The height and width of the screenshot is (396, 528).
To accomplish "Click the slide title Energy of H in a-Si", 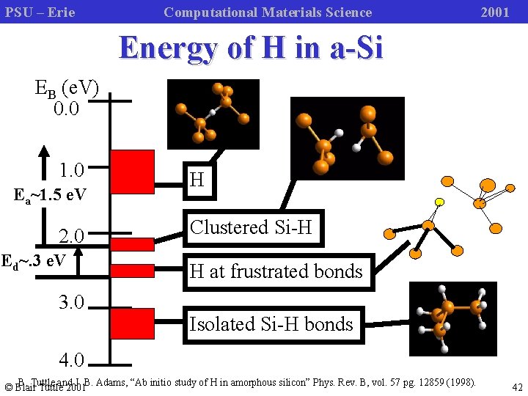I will click(x=251, y=48).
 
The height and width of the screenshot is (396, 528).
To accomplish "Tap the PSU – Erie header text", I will click(x=40, y=12).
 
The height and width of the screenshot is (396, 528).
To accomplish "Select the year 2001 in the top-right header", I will click(x=494, y=12).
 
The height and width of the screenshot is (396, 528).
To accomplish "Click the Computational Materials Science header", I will click(x=268, y=12).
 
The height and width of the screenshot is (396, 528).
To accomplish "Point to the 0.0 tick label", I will click(x=71, y=109).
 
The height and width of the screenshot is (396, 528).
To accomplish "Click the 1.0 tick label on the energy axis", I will click(x=71, y=171).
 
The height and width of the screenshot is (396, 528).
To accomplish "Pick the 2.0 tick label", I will click(x=71, y=236).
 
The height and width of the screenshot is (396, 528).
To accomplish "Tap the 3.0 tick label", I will click(x=71, y=301).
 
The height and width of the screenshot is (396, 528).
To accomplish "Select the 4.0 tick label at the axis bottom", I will click(x=71, y=360).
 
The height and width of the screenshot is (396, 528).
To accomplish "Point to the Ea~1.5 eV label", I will click(x=51, y=195).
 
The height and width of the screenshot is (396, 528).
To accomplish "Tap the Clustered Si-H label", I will click(x=251, y=227).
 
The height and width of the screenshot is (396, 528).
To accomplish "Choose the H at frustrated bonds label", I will click(x=276, y=271).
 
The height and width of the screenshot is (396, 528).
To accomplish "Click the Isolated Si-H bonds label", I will click(x=271, y=324).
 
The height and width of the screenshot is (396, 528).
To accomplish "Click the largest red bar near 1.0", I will click(x=132, y=172).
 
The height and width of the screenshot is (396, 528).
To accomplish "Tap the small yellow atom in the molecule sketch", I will click(x=439, y=202).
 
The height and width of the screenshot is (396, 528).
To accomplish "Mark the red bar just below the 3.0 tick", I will click(x=132, y=323).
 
